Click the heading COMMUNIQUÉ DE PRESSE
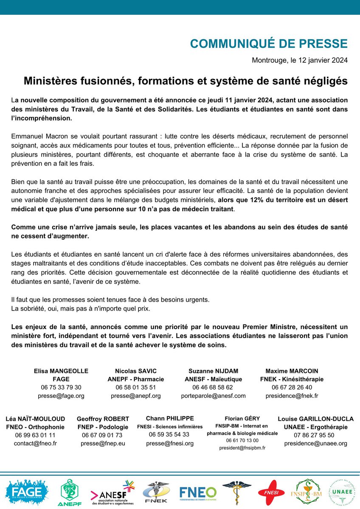click(269, 44)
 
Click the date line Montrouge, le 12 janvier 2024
click(300, 60)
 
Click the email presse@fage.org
click(61, 395)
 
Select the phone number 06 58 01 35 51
click(136, 387)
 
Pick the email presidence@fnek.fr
click(292, 395)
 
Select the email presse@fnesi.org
click(170, 443)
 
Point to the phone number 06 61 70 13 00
click(242, 440)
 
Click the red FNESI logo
click(271, 492)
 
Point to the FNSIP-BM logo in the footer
click(309, 492)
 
